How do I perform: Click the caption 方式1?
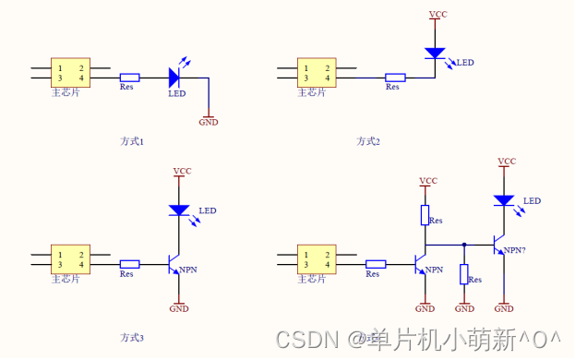132,141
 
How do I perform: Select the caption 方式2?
368,141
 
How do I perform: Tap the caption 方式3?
132,338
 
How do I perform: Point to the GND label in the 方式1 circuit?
209,122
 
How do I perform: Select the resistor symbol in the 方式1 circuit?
130,78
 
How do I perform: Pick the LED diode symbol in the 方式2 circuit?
435,54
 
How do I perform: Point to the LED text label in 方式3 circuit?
207,210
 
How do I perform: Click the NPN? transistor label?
515,251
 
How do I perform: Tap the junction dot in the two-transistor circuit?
464,245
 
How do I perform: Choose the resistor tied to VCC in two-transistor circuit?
425,215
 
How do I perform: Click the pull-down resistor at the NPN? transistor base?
464,274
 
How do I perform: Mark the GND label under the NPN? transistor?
504,308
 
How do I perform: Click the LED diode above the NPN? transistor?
504,199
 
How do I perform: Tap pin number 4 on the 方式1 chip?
81,79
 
